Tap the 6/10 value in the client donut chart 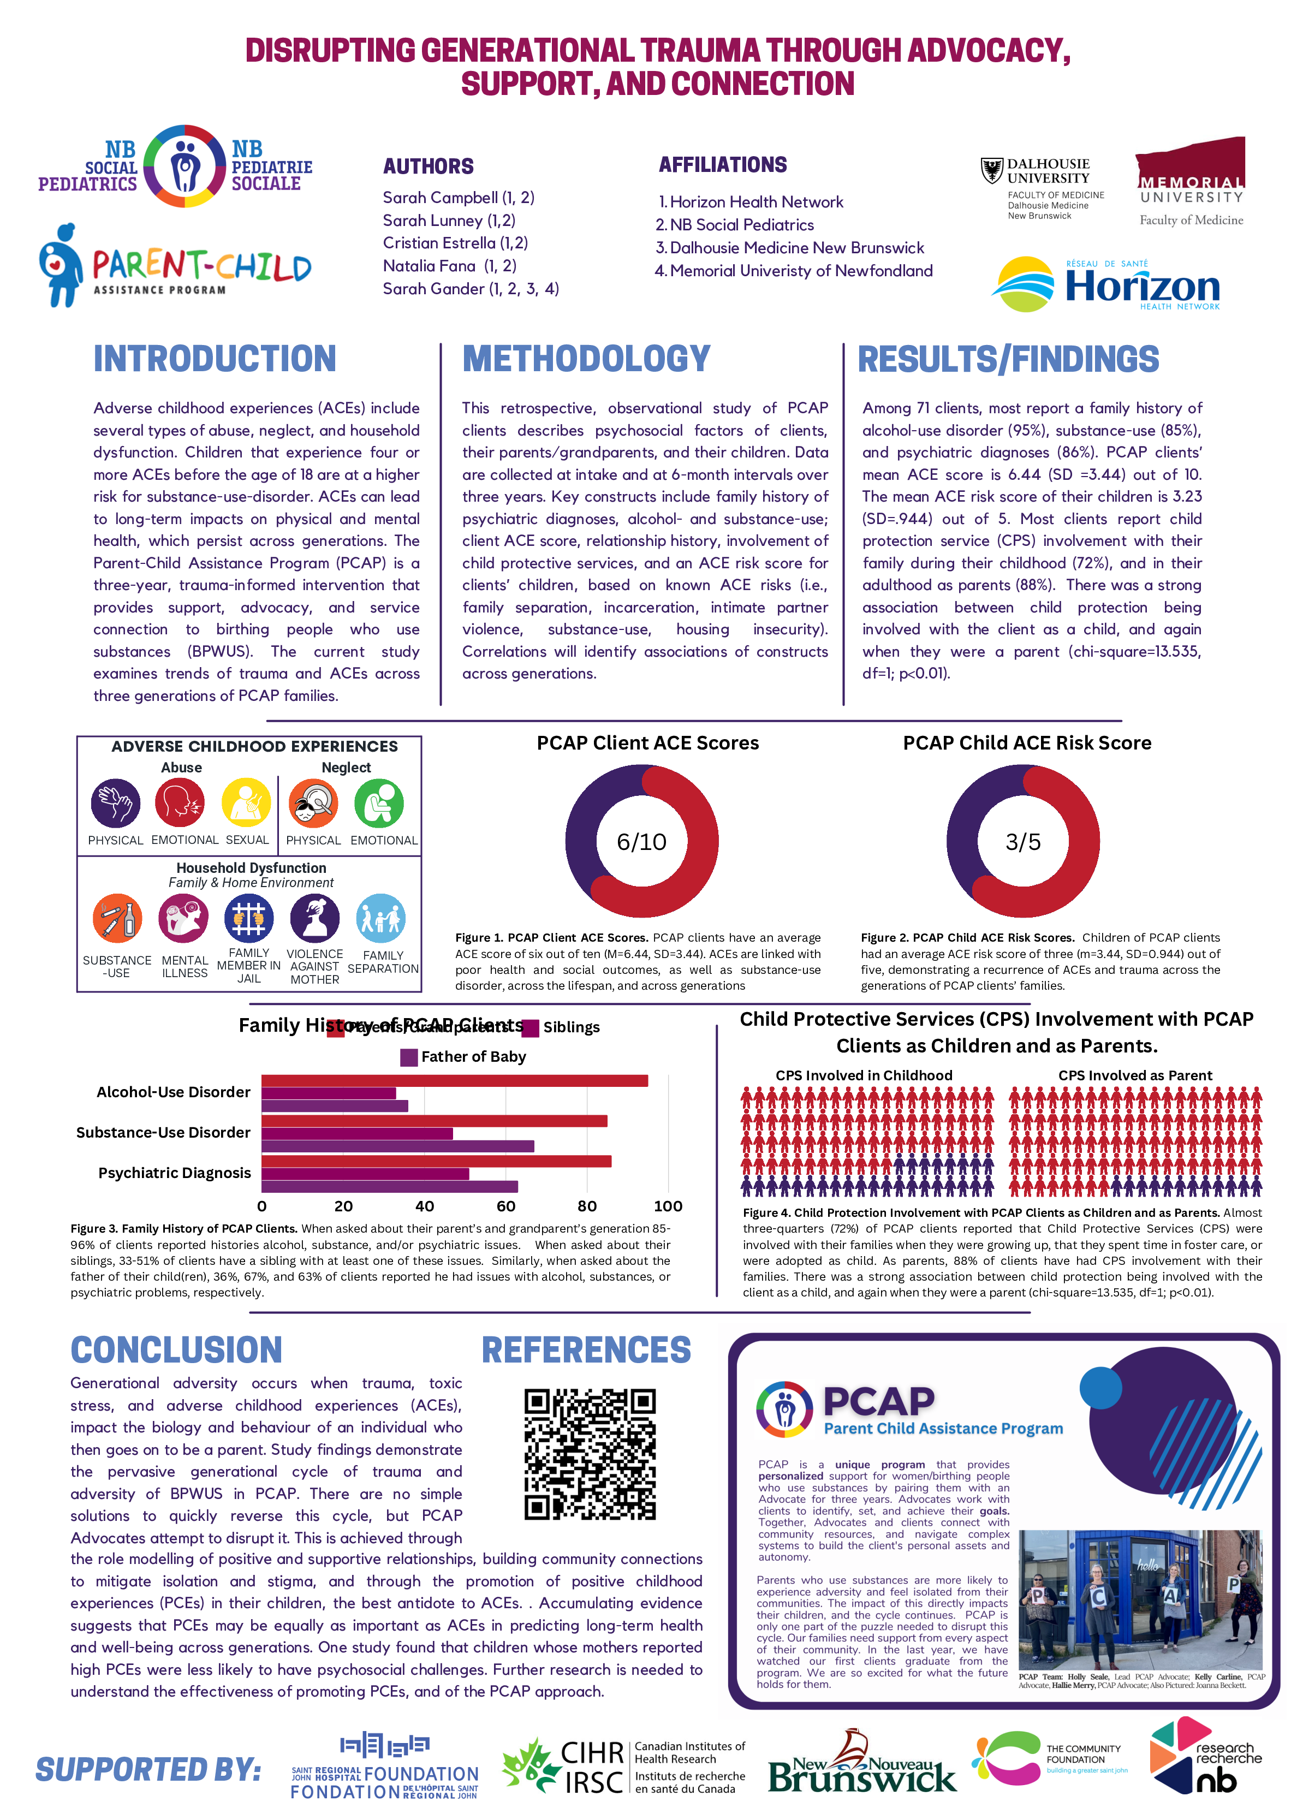point(642,842)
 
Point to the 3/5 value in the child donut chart point(1023,842)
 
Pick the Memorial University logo point(1190,182)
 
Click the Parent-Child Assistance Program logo point(175,265)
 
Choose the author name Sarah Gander point(471,289)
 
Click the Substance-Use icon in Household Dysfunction point(117,918)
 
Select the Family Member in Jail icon point(249,918)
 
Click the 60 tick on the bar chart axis point(506,1206)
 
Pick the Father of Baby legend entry point(463,1057)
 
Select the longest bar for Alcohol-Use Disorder point(454,1081)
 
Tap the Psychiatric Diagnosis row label point(175,1173)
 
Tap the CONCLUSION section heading point(176,1349)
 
